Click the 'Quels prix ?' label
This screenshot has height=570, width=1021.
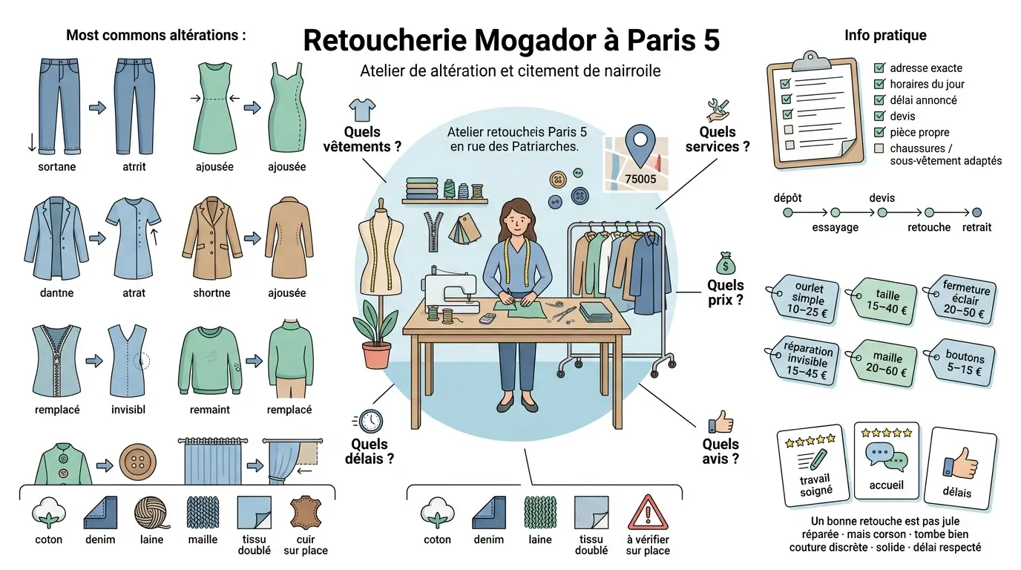[x=725, y=292]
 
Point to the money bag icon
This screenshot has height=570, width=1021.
[x=725, y=263]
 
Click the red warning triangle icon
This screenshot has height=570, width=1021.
[x=648, y=511]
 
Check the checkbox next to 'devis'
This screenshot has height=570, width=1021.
[x=880, y=116]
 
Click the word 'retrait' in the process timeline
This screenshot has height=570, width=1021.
[x=976, y=227]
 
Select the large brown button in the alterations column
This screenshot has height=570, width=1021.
[x=138, y=465]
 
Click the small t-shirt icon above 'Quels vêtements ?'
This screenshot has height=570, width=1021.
[x=362, y=110]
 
